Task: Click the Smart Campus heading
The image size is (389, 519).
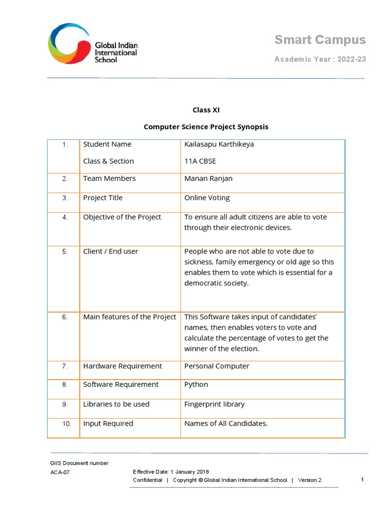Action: tap(320, 40)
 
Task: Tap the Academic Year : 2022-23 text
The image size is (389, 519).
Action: tap(320, 59)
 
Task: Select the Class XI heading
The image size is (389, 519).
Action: tap(206, 110)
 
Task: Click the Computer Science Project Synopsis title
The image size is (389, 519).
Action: tap(206, 127)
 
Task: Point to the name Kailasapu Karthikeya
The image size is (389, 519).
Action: tap(219, 144)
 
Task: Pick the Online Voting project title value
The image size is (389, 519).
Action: tap(207, 198)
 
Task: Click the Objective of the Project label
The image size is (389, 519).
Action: tap(122, 217)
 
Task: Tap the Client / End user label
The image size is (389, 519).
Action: tap(110, 251)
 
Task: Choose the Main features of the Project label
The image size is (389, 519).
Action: tap(130, 317)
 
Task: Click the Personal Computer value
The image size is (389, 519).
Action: tap(217, 366)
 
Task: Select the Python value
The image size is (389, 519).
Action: tap(196, 384)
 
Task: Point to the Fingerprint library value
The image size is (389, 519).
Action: tap(214, 404)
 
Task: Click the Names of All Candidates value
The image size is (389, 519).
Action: tap(226, 423)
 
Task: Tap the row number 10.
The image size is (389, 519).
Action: tap(67, 424)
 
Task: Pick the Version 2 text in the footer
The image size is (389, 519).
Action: tap(309, 480)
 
